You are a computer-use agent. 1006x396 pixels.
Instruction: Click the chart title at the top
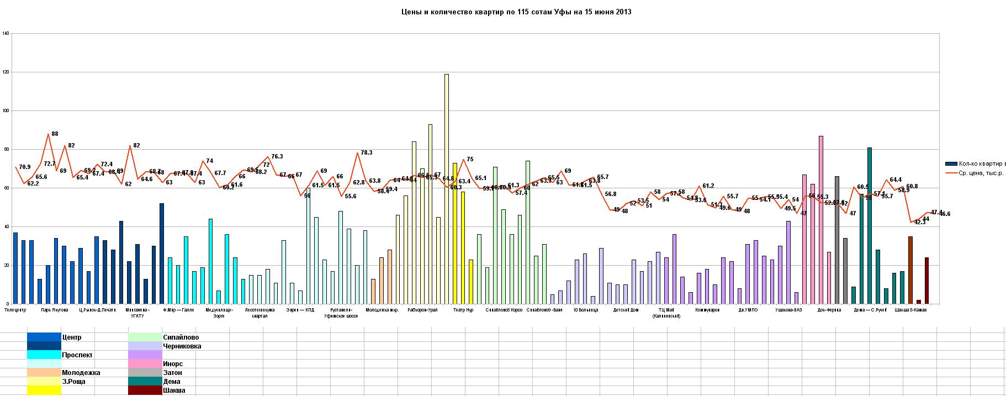point(516,12)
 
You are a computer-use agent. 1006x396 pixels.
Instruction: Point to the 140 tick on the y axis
point(6,33)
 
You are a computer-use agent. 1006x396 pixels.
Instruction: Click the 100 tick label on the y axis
point(6,110)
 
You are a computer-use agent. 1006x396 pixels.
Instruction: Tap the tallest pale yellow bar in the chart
point(446,188)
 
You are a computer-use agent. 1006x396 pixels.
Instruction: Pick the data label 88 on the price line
point(55,134)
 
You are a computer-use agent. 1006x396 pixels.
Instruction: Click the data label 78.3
point(367,152)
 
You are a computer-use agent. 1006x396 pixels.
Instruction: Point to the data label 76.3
point(277,156)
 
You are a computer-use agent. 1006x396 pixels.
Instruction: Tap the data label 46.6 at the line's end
point(945,214)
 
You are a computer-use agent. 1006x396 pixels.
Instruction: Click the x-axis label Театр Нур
point(463,310)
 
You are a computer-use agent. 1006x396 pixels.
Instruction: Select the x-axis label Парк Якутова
point(55,310)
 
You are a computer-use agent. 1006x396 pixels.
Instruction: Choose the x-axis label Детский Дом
point(626,310)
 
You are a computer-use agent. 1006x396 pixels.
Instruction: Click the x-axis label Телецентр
point(15,310)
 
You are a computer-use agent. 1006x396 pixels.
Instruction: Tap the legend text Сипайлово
point(181,337)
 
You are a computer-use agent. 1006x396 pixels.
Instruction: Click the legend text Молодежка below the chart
point(81,372)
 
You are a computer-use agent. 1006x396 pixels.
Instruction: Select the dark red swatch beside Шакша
point(145,390)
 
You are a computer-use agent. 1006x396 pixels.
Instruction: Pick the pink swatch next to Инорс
point(145,363)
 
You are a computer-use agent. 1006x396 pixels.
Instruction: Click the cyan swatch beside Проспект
point(44,355)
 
